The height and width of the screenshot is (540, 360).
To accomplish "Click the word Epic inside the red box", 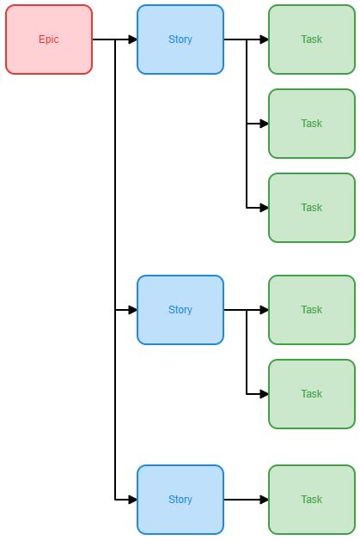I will pos(49,39).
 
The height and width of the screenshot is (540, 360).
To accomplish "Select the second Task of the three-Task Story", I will pos(311,124).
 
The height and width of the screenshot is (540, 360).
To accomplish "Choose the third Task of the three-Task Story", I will pos(311,208).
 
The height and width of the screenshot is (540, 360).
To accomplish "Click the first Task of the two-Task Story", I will pos(311,310).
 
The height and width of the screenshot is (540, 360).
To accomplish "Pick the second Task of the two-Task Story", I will pos(311,394).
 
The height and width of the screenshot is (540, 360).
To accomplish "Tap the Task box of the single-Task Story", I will pos(311,500).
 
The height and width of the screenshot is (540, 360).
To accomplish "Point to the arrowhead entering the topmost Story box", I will pos(132,39).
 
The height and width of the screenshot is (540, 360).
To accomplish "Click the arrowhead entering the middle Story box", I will pos(132,310).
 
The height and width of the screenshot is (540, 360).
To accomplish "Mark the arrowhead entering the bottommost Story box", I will pos(132,500).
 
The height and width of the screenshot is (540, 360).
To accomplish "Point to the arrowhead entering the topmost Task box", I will pos(264,39).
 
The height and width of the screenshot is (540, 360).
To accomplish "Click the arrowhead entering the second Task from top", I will pos(264,124).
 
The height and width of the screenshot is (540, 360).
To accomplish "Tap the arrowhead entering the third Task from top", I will pos(264,208).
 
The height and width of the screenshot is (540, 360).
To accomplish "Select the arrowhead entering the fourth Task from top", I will pos(264,310).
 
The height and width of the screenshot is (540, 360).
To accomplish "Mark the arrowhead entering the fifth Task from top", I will pos(264,394).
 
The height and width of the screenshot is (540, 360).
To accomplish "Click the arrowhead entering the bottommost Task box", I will pos(264,500).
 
